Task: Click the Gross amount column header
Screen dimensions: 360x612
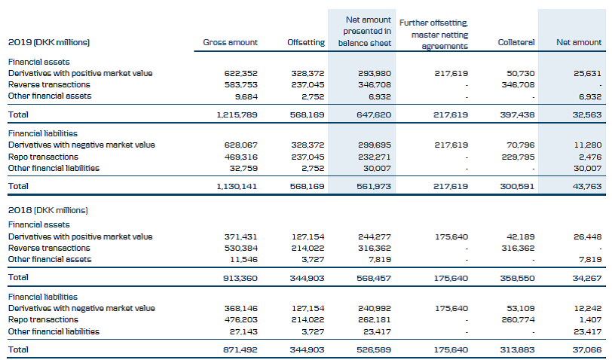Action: click(x=230, y=42)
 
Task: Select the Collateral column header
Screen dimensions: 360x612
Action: click(x=516, y=42)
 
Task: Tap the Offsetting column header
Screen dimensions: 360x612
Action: click(x=306, y=42)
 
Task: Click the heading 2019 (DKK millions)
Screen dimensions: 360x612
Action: click(x=54, y=42)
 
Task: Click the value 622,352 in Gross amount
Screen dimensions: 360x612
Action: click(x=241, y=73)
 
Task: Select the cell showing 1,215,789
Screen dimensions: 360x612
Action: click(x=237, y=114)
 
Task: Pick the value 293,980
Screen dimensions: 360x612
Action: click(x=375, y=73)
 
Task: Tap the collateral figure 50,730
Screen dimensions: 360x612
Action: click(x=522, y=73)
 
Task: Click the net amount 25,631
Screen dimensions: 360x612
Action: click(x=586, y=73)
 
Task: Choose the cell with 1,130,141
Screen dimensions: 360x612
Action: click(x=237, y=185)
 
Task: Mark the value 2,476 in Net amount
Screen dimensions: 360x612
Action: click(x=589, y=156)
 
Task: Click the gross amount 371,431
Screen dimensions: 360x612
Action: click(x=241, y=236)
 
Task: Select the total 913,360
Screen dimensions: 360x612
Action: click(x=241, y=278)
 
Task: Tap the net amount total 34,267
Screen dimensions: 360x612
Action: click(x=586, y=278)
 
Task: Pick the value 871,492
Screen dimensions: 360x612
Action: click(x=241, y=349)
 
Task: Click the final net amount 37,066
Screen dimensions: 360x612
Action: click(x=586, y=349)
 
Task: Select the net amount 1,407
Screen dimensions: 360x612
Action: click(x=589, y=319)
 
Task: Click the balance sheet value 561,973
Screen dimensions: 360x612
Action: click(x=375, y=185)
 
